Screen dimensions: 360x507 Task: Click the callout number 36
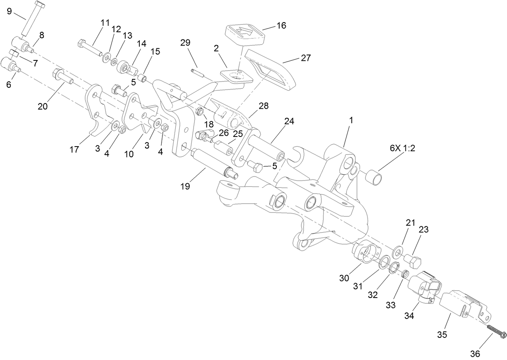476,353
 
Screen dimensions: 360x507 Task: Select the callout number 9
9,11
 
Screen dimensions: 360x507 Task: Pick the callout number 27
306,58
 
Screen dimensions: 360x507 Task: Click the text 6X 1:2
402,148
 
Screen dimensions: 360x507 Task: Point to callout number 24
289,121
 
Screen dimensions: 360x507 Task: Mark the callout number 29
185,43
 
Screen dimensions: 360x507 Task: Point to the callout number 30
344,277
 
